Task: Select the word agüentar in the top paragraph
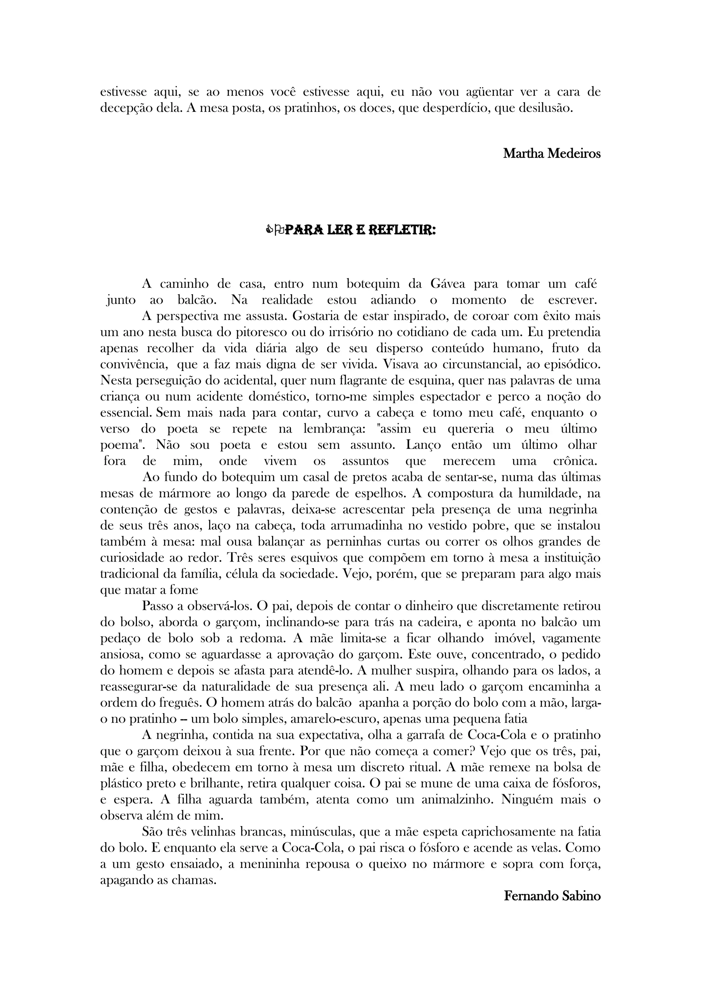(x=491, y=92)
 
